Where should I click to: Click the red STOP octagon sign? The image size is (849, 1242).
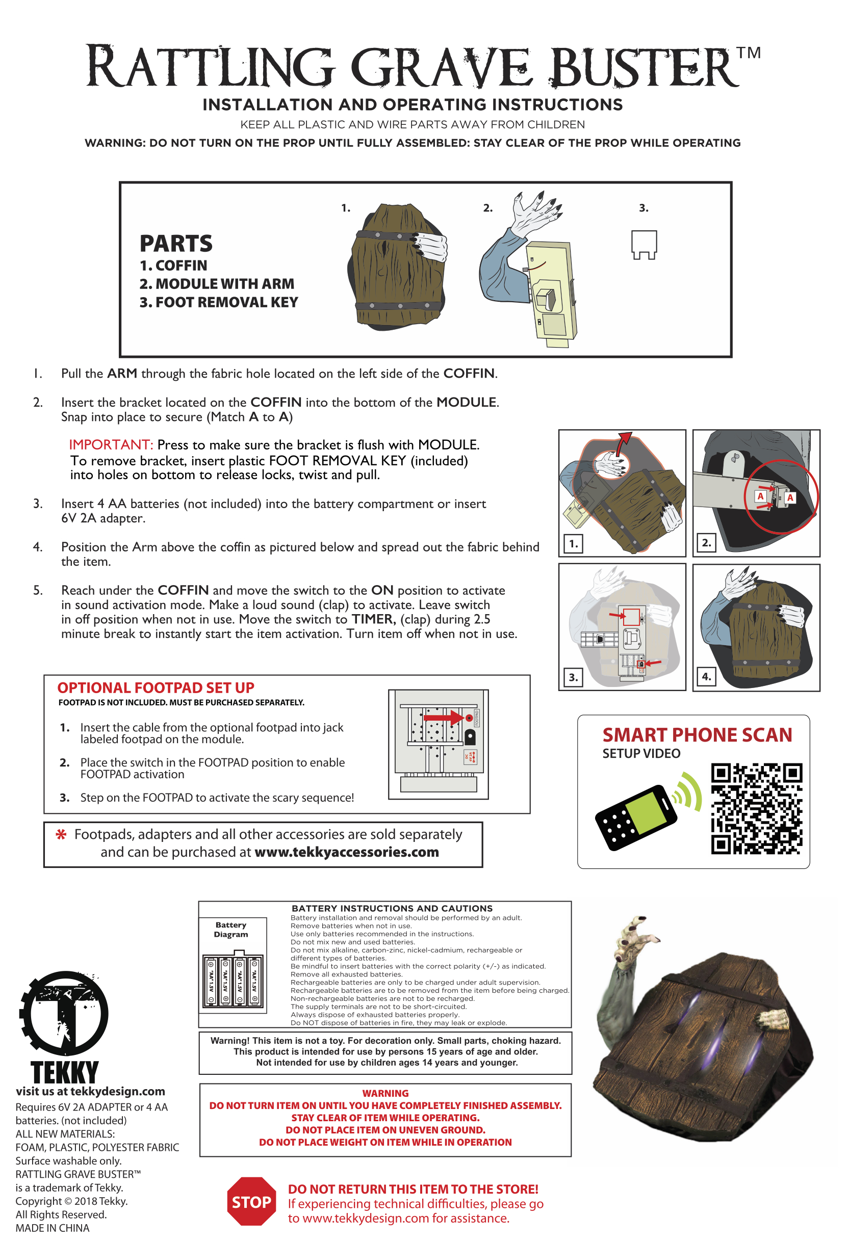[251, 1201]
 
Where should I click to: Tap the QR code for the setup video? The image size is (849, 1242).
[756, 808]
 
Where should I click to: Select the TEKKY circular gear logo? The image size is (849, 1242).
[64, 1013]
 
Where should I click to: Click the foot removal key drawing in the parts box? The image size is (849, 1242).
[644, 245]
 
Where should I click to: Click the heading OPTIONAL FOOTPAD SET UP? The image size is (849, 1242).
[156, 688]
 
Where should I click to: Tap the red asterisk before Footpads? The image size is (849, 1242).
[62, 834]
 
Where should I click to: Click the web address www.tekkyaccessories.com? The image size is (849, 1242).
[346, 852]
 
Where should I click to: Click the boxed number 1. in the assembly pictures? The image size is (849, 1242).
[573, 543]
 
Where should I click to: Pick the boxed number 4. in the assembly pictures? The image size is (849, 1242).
[706, 677]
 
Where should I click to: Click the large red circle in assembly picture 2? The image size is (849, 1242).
[781, 496]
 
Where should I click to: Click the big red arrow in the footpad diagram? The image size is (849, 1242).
[444, 717]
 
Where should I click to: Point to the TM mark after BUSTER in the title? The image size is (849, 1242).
[748, 53]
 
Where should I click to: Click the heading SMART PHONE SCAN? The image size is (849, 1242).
[697, 735]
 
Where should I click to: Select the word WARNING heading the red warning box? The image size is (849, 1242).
[385, 1093]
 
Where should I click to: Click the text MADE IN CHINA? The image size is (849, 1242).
[53, 1228]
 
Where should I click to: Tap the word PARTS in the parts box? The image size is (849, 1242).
[176, 244]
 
